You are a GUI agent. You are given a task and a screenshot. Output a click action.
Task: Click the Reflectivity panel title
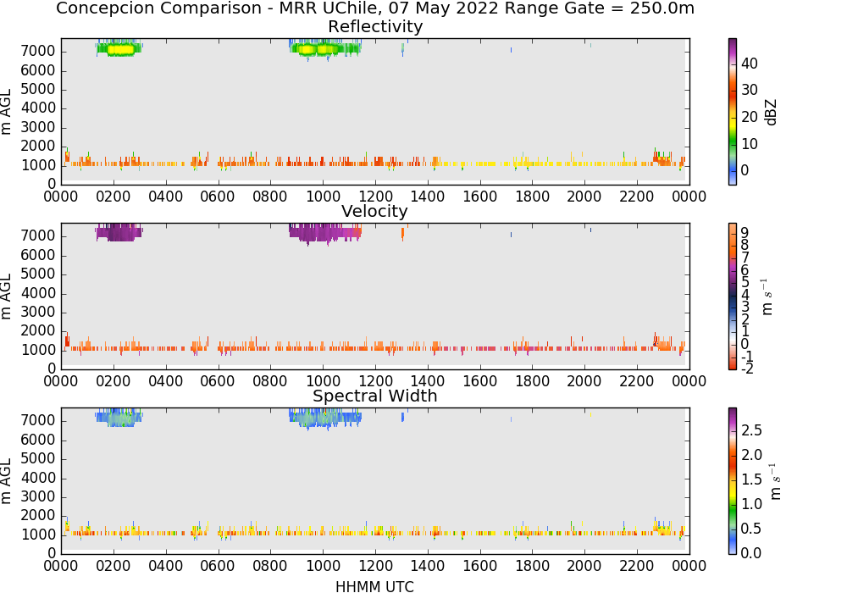click(375, 26)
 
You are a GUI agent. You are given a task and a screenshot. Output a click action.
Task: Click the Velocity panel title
click(374, 211)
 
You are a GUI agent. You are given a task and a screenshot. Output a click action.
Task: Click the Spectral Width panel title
click(375, 396)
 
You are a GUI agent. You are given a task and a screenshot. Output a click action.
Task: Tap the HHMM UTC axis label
click(374, 586)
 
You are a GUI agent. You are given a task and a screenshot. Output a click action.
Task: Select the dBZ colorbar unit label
click(772, 113)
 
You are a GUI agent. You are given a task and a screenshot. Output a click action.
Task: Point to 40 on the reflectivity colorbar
click(750, 64)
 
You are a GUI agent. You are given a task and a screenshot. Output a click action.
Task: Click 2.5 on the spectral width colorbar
click(751, 430)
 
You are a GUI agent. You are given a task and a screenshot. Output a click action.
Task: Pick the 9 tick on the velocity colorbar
click(745, 233)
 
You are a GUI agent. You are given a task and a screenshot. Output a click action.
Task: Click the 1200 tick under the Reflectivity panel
click(375, 197)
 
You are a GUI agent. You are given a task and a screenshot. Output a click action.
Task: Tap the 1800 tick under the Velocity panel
click(532, 381)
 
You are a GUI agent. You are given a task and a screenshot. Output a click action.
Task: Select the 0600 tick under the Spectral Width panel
click(218, 566)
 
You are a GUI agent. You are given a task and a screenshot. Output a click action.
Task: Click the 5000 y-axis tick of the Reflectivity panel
click(38, 89)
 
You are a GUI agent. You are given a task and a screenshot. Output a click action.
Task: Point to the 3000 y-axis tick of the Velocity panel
click(38, 312)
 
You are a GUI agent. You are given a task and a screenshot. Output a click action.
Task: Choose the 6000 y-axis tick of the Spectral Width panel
click(38, 440)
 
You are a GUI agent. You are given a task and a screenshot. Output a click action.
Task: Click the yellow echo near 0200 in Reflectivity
click(120, 50)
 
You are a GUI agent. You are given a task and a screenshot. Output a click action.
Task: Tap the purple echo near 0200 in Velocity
click(119, 233)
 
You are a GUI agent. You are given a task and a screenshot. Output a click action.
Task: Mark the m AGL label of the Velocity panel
click(6, 296)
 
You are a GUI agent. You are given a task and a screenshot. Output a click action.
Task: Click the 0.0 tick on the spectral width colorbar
click(751, 553)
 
